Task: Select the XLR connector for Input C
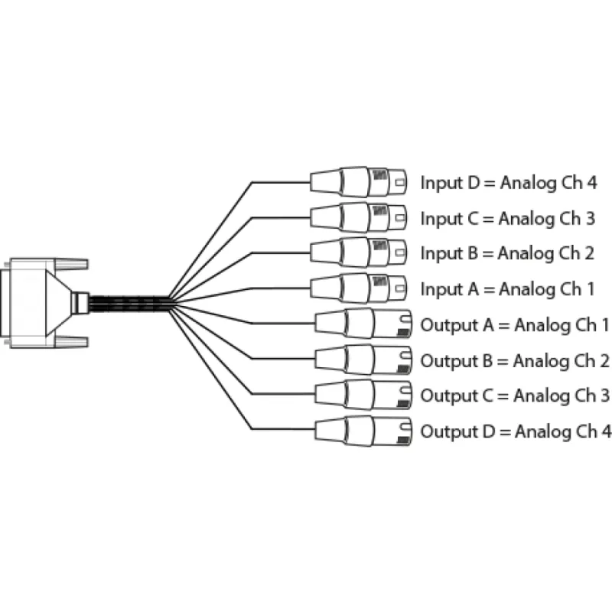360,218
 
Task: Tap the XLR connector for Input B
360,252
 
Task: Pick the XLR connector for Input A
360,288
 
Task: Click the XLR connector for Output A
363,324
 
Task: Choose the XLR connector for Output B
363,360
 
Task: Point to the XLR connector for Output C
363,395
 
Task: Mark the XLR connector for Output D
363,431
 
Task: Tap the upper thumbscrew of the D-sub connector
73,264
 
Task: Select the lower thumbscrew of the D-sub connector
73,340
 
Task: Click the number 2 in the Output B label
604,360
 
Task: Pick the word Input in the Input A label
441,289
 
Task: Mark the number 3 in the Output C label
604,396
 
